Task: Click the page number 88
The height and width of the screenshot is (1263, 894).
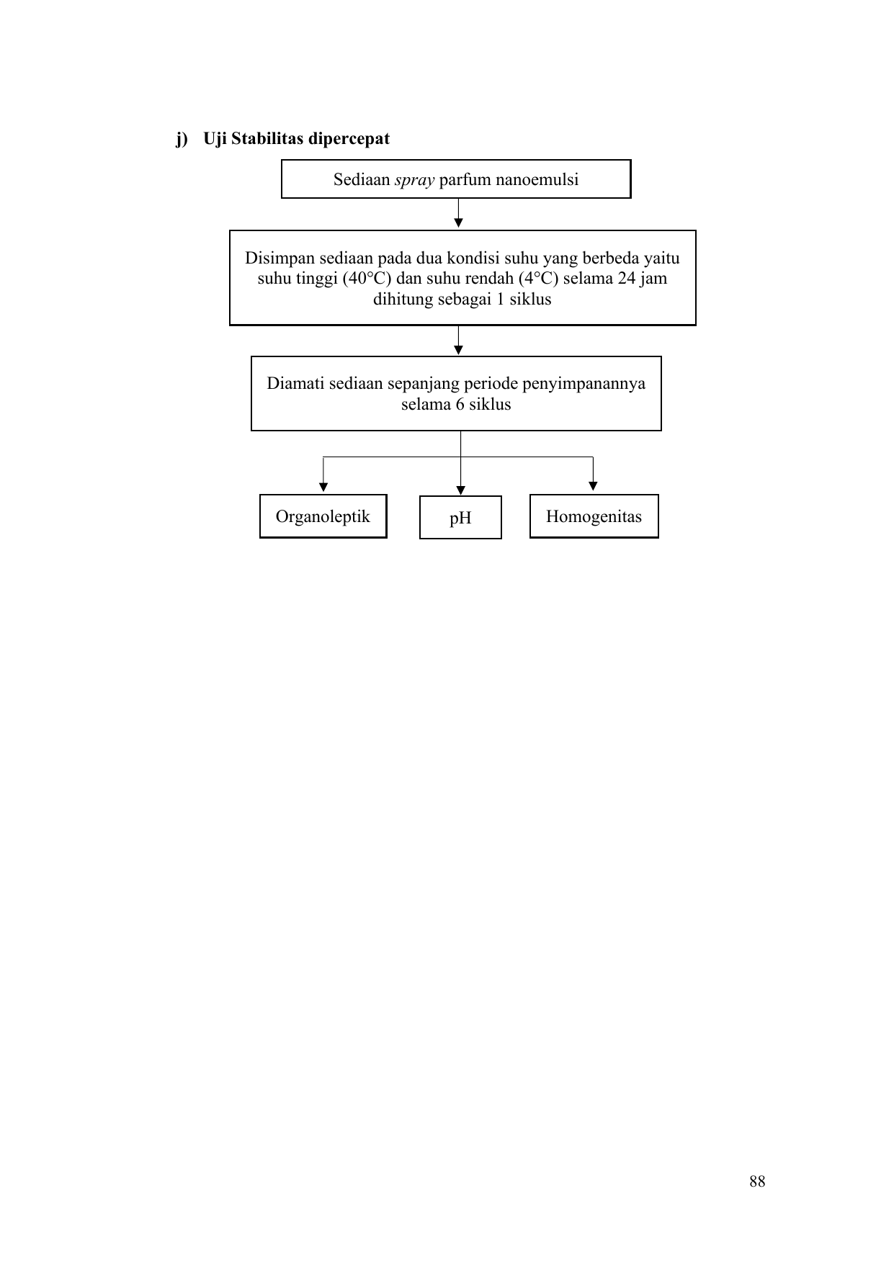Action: [757, 1181]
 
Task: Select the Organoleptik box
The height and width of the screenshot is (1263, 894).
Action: [323, 516]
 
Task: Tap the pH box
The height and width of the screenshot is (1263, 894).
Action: [460, 518]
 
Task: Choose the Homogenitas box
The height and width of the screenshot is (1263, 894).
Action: [594, 516]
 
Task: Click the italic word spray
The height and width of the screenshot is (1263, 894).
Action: [414, 180]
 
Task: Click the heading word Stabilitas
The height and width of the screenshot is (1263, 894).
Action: [268, 138]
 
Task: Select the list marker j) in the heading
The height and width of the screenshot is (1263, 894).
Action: [182, 139]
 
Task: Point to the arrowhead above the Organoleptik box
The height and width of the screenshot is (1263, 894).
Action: [323, 487]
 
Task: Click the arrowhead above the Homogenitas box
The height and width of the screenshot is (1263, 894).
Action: [593, 486]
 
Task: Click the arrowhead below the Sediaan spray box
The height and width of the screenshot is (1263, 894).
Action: [458, 223]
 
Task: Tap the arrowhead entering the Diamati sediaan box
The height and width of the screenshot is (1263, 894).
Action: [458, 350]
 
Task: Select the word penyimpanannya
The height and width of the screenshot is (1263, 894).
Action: [584, 384]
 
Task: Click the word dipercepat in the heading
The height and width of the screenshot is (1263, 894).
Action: [349, 139]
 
